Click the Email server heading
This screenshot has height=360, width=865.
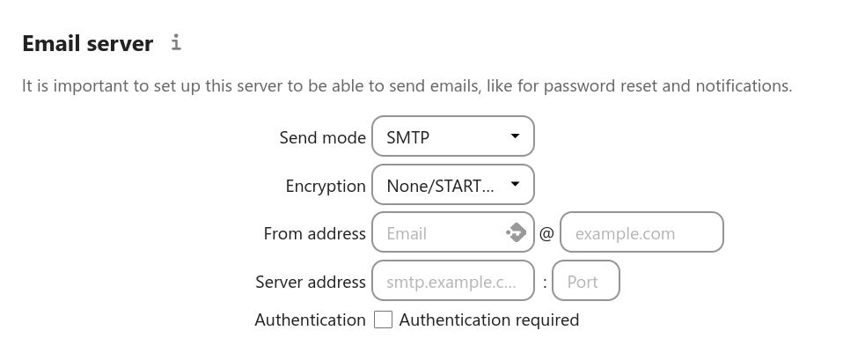point(88,44)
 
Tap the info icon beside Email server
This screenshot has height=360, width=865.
point(176,42)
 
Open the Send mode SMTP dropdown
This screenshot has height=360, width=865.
point(453,136)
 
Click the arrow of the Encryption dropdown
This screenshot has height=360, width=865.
point(515,184)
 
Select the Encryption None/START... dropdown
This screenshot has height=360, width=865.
point(453,185)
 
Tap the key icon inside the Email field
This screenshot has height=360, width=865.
point(516,232)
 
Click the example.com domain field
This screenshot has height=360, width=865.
point(641,232)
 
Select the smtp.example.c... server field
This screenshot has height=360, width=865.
point(453,281)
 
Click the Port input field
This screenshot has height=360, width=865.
point(586,281)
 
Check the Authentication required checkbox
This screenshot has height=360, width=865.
point(383,320)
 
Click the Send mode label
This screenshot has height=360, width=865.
point(322,137)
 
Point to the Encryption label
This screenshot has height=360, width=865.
point(326,186)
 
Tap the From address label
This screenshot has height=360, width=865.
point(314,233)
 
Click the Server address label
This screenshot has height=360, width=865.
point(310,283)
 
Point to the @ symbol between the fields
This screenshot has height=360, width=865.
point(546,233)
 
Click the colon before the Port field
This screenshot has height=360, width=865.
point(545,283)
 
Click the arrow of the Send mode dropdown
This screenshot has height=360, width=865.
point(515,136)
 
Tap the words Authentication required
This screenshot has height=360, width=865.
point(488,320)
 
